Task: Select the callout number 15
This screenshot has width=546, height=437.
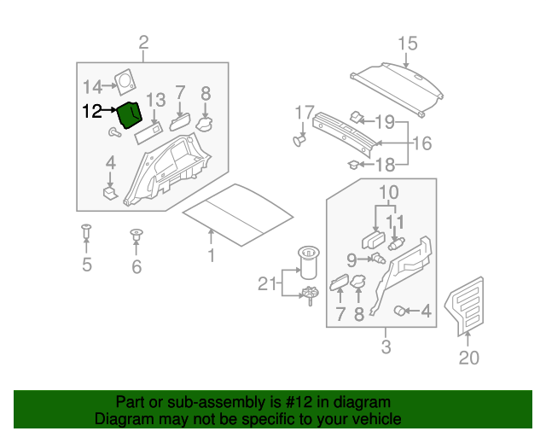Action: point(407,44)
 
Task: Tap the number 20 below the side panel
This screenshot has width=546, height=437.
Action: point(469,358)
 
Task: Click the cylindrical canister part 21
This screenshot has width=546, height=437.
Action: point(307,260)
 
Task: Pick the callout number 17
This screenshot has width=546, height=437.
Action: point(305,113)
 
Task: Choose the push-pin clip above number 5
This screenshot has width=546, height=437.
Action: point(85,230)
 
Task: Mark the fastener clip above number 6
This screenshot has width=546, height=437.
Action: point(136,233)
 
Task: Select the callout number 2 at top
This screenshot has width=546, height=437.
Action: point(143,43)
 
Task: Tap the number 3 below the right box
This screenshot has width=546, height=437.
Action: point(386,347)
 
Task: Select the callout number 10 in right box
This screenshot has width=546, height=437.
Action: point(388,191)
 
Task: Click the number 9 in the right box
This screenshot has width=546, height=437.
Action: point(351,258)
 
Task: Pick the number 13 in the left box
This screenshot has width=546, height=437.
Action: point(154,100)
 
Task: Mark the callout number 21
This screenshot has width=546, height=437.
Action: point(267,283)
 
